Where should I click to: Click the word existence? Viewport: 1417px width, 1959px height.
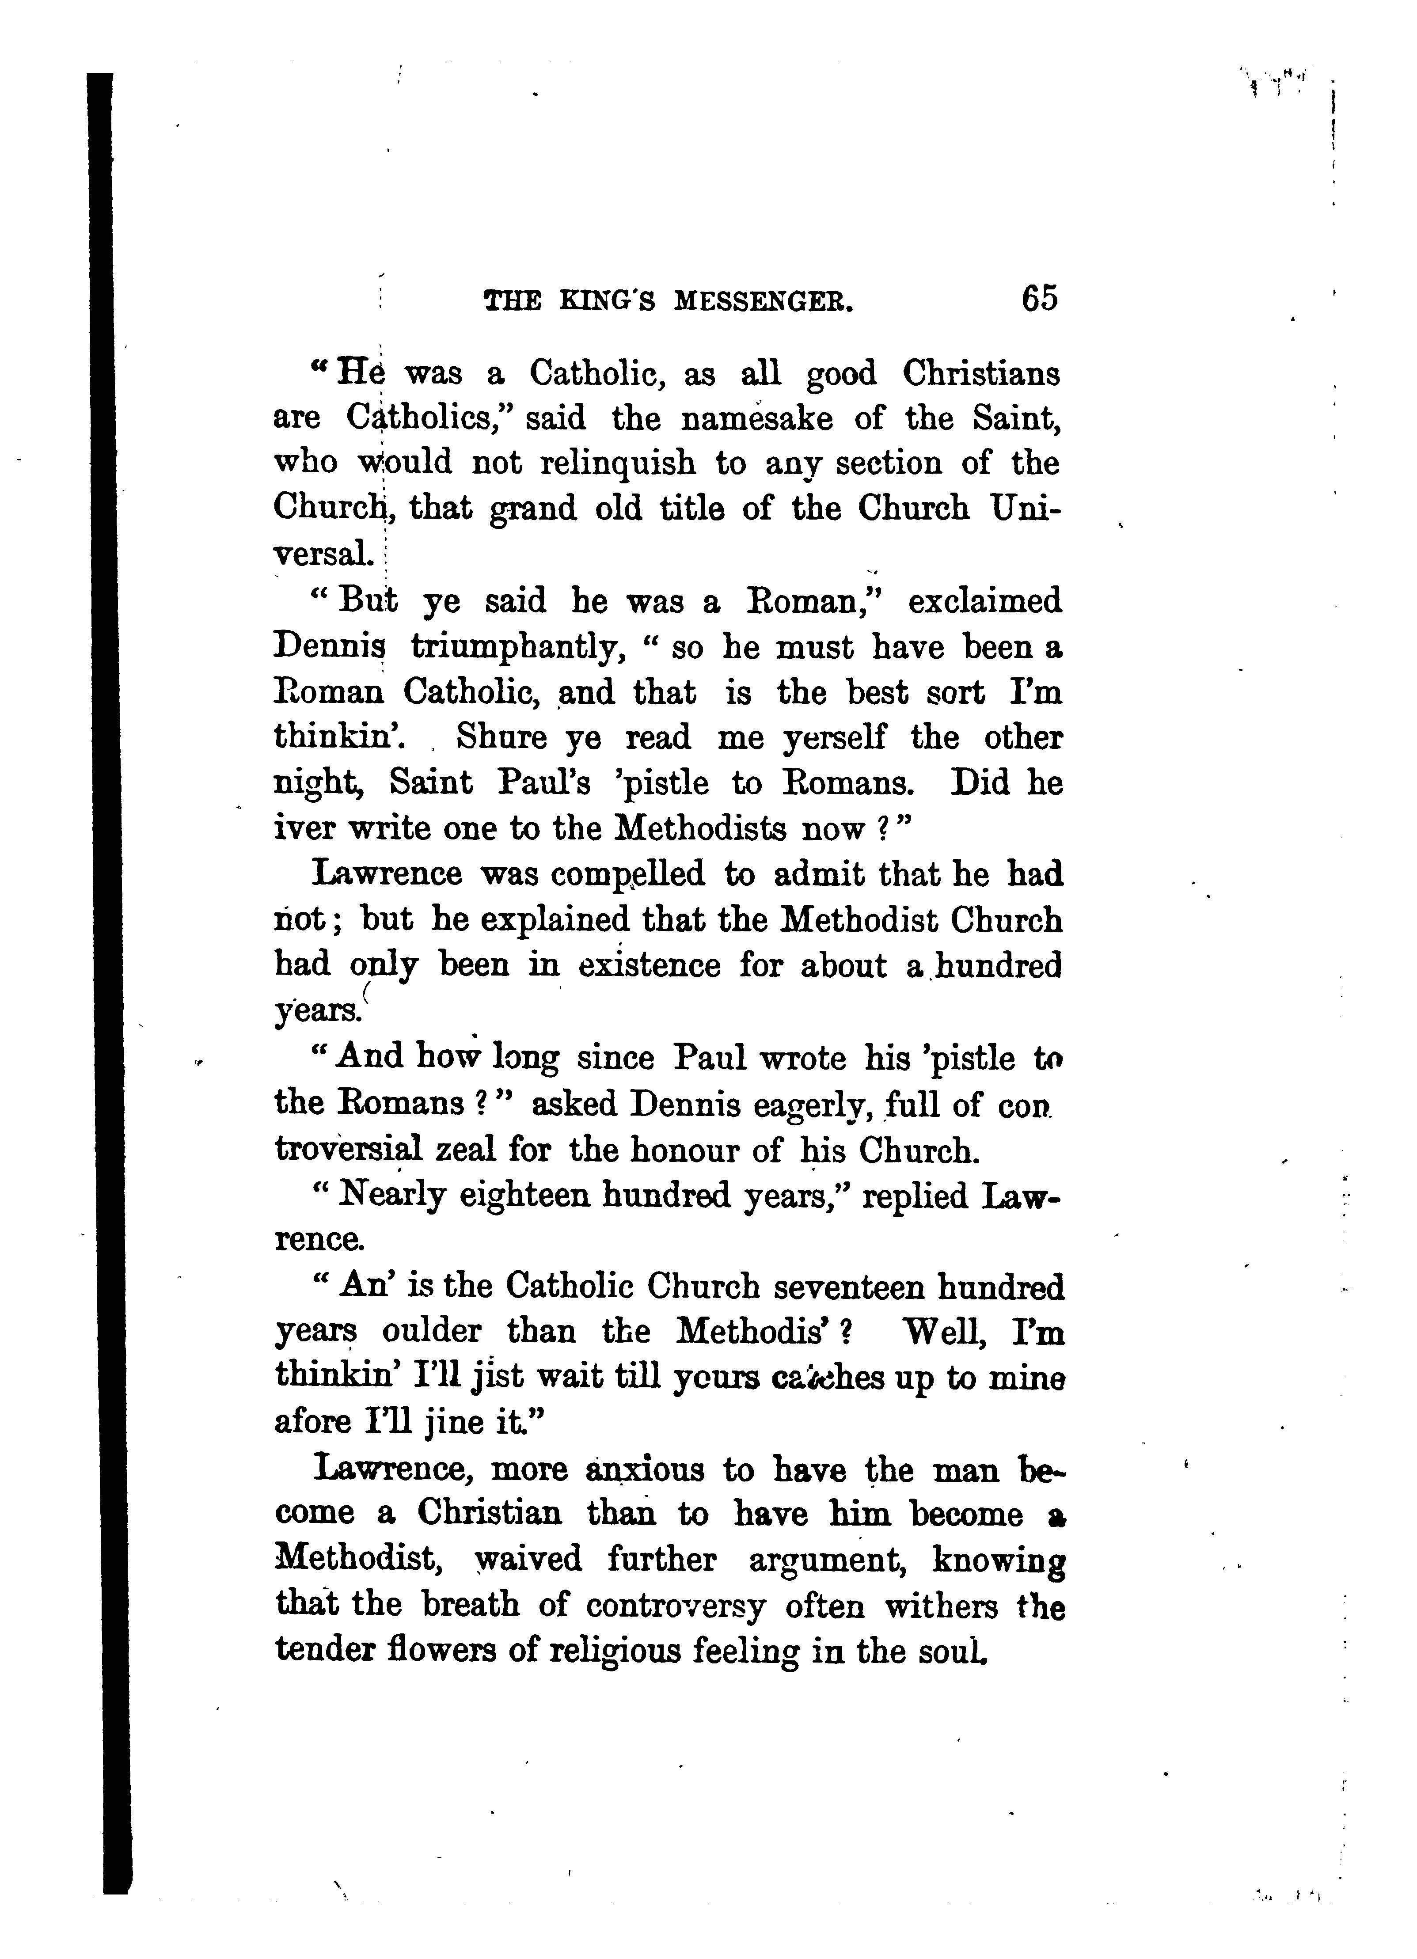[x=649, y=965]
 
